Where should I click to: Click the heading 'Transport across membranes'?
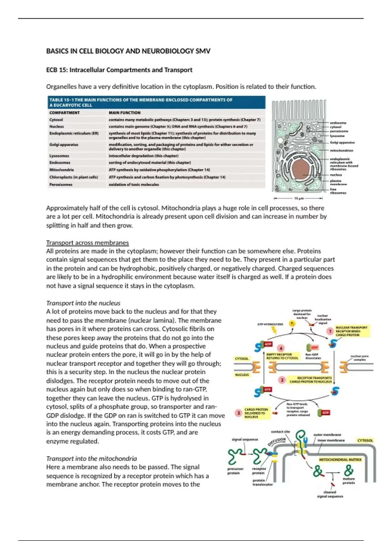88,243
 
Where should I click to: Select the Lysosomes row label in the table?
59,156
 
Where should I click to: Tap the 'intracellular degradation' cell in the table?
143,156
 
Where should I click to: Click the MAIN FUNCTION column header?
124,113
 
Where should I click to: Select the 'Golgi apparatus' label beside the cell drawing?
342,143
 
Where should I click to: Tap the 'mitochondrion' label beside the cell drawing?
342,151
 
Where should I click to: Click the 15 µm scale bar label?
298,198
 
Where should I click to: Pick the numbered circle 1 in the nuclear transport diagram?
330,331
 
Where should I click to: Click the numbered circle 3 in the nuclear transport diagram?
238,413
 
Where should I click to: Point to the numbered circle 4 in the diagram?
280,348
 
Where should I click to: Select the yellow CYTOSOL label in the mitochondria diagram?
365,440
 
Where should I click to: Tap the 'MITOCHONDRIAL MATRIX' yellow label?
340,460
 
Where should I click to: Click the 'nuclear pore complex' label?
360,358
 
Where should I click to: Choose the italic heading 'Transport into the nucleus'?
83,303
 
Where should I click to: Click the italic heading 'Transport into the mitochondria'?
91,459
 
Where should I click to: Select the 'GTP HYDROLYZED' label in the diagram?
270,324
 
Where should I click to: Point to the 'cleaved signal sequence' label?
330,494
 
